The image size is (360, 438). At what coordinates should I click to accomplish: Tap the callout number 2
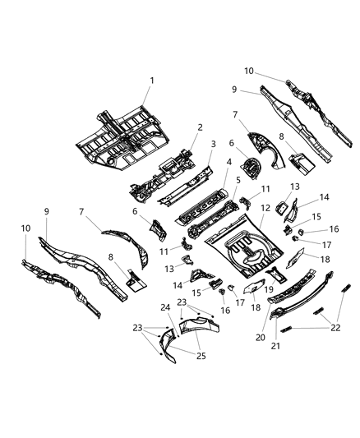point(200,127)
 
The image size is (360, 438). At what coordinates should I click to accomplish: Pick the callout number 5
point(238,181)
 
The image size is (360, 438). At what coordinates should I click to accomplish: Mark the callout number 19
point(268,289)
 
